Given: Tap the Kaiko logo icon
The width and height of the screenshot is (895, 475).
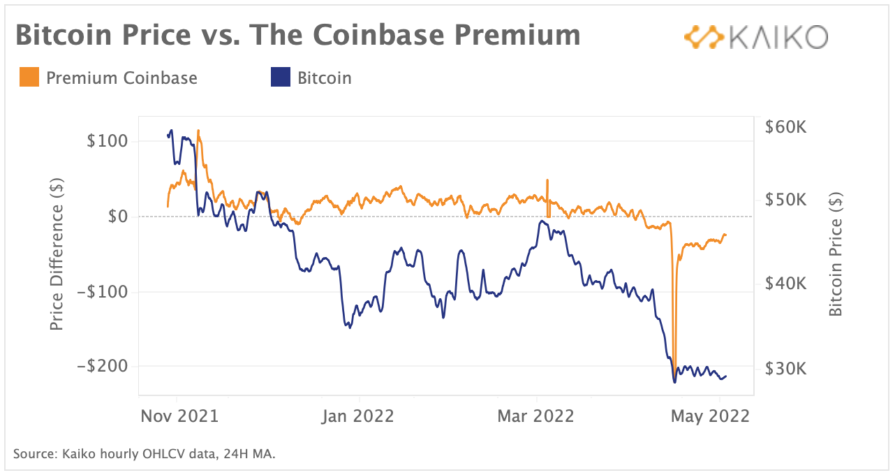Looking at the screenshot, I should pos(703,37).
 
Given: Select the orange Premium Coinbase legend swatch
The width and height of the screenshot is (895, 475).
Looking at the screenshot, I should pos(29,78).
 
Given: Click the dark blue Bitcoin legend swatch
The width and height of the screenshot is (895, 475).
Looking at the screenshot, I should pos(280,78).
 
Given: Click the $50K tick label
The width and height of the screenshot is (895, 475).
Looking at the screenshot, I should pos(785,200).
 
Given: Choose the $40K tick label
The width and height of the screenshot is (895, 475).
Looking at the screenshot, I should pos(785,284).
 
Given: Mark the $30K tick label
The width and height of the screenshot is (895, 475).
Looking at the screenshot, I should pos(785,368).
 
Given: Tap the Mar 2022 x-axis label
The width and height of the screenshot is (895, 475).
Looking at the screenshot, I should pos(535,416).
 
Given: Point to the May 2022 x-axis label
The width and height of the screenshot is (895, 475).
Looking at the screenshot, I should pos(710,416).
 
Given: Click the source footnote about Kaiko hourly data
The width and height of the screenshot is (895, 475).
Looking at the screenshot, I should pos(145,455).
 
